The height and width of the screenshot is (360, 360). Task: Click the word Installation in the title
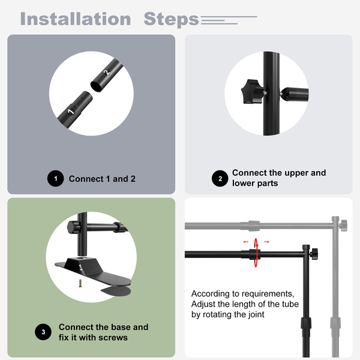76,19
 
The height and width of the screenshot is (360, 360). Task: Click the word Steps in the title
171,20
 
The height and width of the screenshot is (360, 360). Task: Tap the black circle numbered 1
56,178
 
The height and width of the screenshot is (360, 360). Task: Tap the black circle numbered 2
220,178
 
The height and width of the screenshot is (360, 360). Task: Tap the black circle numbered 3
43,332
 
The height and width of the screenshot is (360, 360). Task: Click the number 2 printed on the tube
106,73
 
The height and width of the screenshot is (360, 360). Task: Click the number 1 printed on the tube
71,112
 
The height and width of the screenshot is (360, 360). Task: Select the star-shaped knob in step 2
253,91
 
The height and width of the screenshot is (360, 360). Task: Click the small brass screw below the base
80,283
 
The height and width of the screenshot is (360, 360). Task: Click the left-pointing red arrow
246,242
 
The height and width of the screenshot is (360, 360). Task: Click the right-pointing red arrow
266,242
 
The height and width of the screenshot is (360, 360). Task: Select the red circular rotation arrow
256,253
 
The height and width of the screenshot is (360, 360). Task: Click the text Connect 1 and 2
102,179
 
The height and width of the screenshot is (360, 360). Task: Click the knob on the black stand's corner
314,254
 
